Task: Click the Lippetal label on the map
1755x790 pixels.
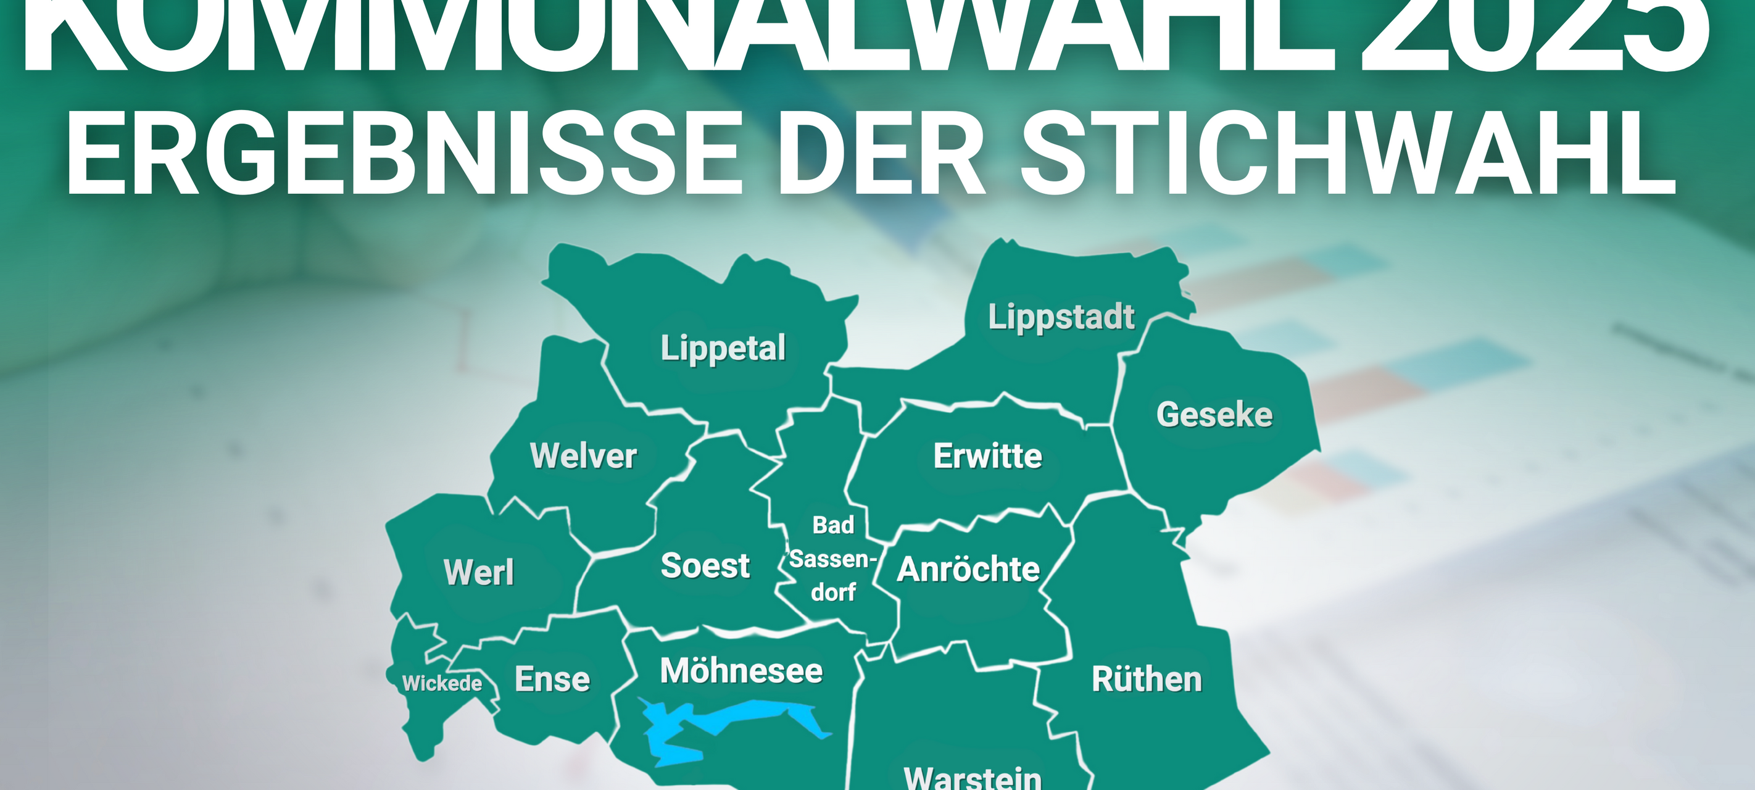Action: [x=723, y=348]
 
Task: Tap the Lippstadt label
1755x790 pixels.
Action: [x=1061, y=318]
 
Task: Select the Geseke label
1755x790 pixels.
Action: [x=1214, y=414]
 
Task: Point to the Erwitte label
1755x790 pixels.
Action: [x=987, y=456]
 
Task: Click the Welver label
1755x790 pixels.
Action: [x=583, y=455]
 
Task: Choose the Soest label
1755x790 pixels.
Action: [x=705, y=566]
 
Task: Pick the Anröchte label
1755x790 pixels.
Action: [x=968, y=569]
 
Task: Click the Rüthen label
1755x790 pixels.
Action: [x=1147, y=679]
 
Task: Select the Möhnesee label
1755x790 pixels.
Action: [x=741, y=671]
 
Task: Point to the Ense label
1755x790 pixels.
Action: [x=552, y=679]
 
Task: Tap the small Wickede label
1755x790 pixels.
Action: [x=442, y=683]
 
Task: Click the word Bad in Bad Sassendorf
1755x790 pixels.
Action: [x=832, y=525]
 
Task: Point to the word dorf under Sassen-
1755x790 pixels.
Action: [x=833, y=592]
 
